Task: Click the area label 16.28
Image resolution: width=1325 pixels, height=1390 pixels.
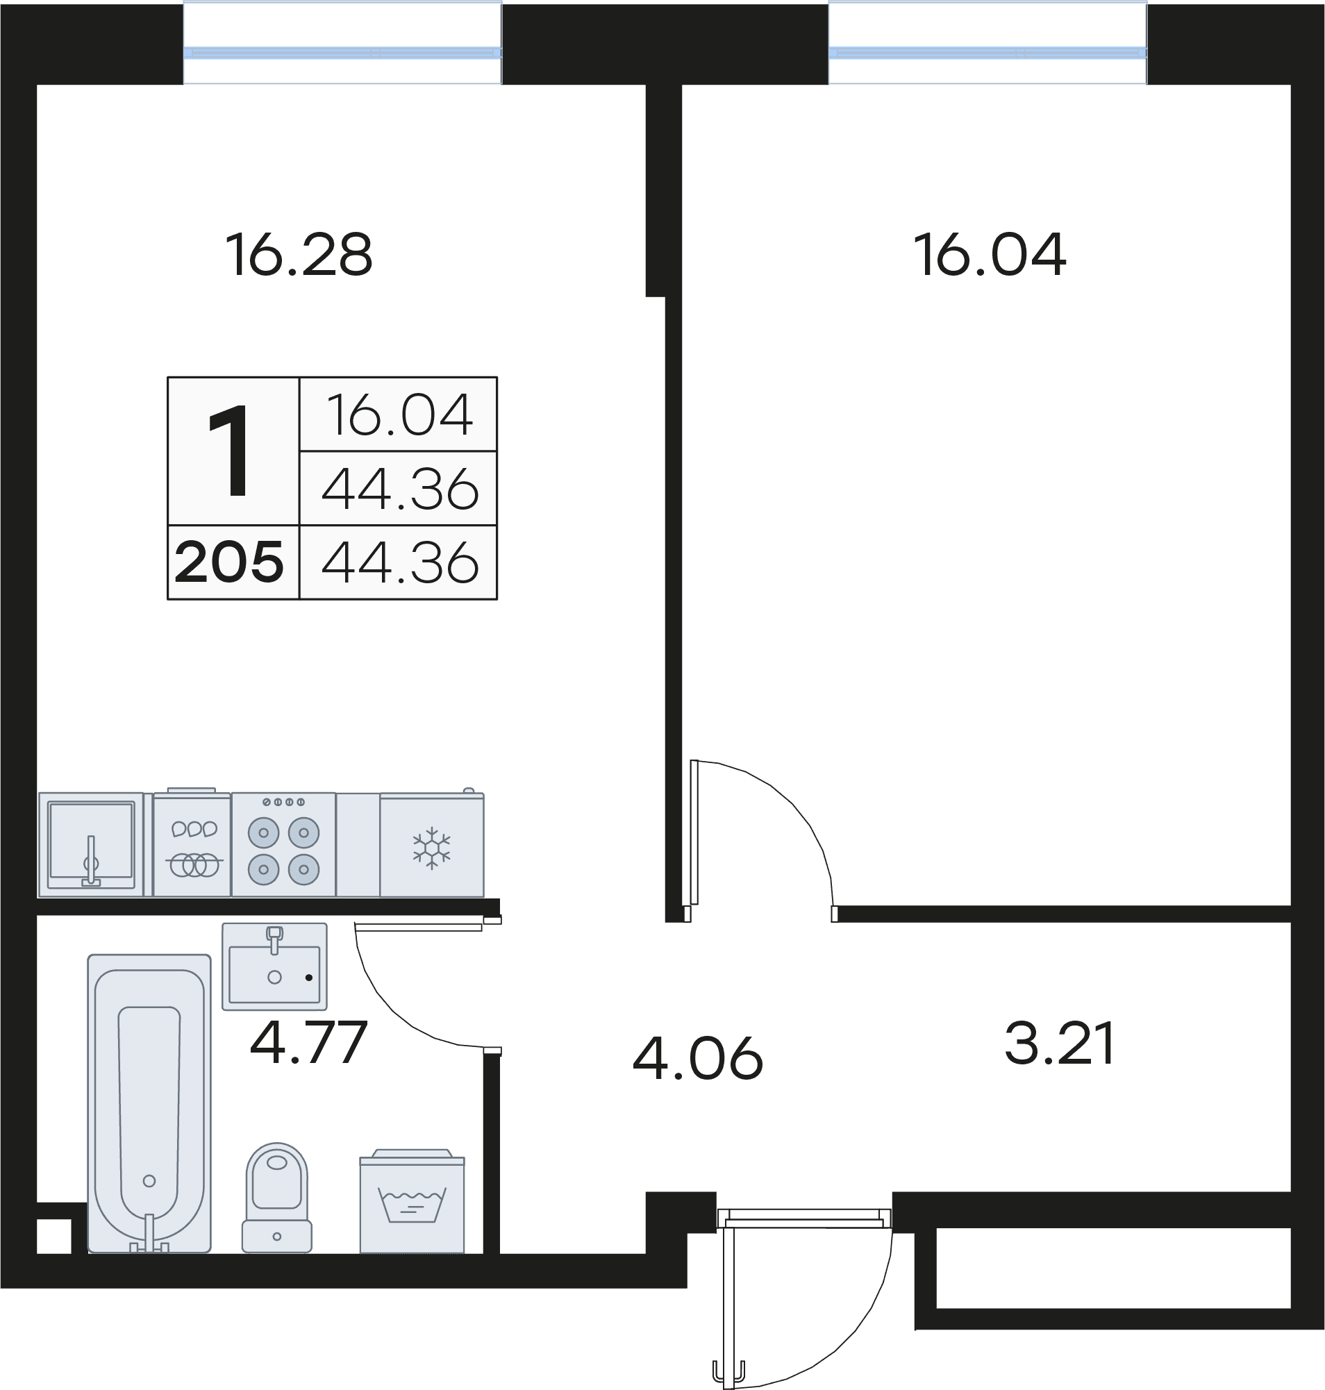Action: pos(299,255)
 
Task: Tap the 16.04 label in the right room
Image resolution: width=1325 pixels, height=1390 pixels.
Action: pos(989,255)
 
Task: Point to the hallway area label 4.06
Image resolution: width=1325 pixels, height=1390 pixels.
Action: pos(698,1058)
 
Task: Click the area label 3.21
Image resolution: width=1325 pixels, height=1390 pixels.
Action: pos(1060,1043)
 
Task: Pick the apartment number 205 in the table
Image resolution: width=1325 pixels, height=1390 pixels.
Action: pos(230,562)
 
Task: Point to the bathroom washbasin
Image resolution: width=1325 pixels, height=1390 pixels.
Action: pos(275,966)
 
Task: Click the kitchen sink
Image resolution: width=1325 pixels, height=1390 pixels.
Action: pos(91,845)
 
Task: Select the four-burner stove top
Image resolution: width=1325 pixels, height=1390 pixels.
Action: pos(284,845)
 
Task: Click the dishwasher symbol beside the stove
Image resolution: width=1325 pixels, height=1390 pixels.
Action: pos(192,843)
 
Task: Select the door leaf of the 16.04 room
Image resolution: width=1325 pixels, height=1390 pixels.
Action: pos(694,832)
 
